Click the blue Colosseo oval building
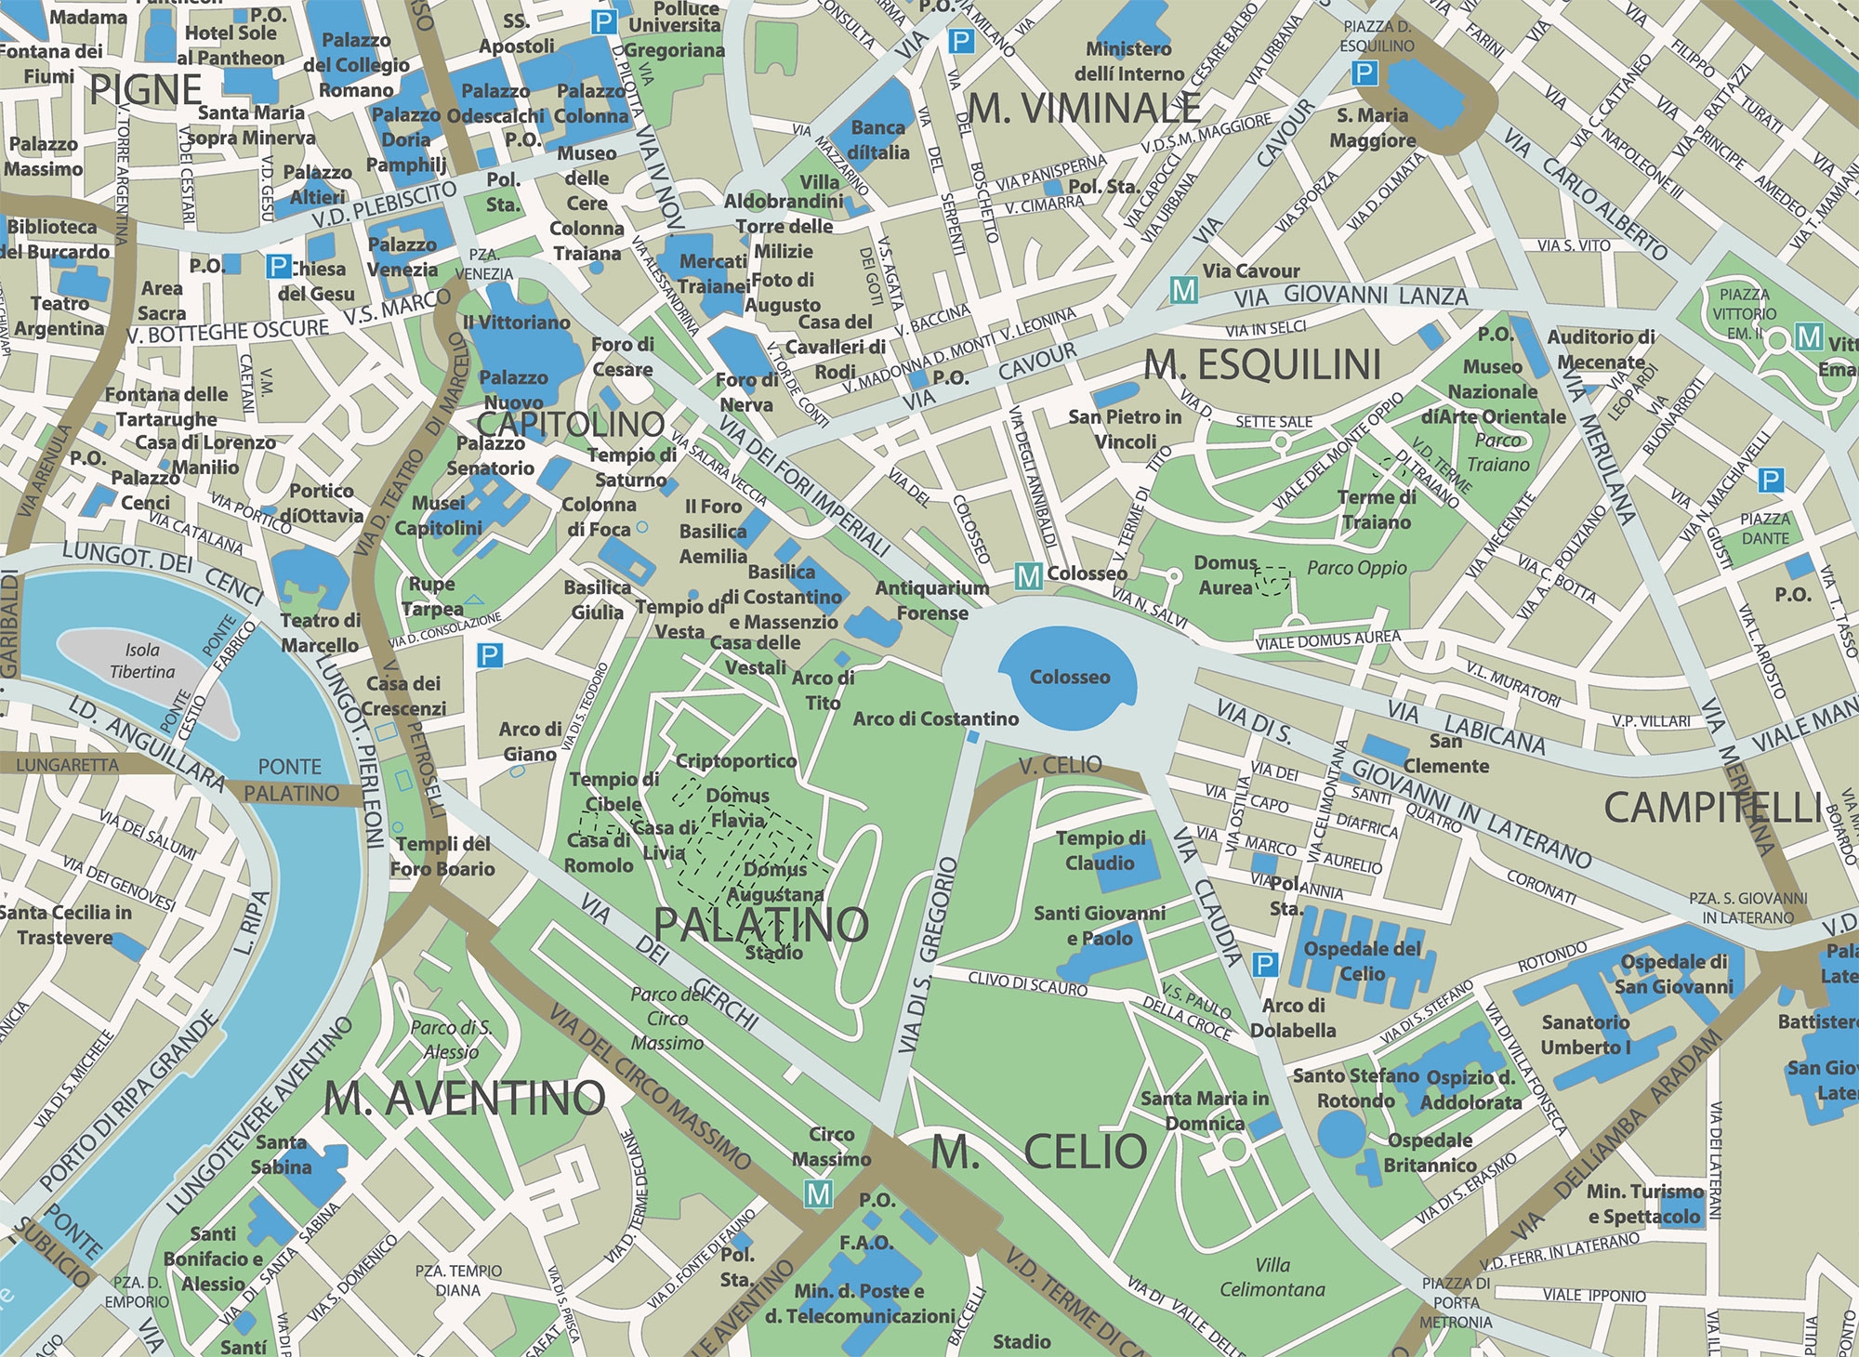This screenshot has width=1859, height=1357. coord(1068,677)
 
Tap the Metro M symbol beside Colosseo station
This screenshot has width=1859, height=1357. coord(1028,576)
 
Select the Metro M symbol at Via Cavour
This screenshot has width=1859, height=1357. coord(1183,290)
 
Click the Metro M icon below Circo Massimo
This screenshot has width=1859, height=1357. coord(818,1194)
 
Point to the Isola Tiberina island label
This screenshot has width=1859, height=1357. coord(142,661)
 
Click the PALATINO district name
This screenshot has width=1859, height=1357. coord(760,924)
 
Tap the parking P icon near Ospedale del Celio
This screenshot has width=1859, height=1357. coord(1264,965)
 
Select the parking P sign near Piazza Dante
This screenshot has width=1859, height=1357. coord(1771,481)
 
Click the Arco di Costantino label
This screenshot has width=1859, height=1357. coord(935,718)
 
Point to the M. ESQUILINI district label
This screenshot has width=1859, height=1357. coord(1262,365)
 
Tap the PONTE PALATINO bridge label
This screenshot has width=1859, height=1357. coord(291,780)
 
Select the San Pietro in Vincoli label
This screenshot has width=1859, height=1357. coord(1125,429)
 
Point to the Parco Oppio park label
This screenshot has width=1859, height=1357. coord(1356,568)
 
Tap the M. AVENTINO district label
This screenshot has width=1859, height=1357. coord(465,1100)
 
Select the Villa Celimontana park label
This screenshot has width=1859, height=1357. coord(1272,1277)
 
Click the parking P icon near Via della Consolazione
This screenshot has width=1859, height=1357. coord(489,656)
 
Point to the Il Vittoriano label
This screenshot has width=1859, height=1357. coord(516,323)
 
